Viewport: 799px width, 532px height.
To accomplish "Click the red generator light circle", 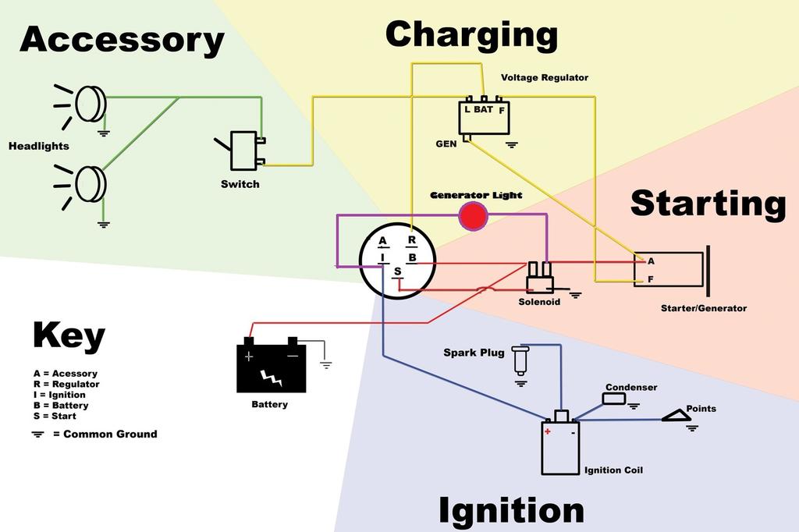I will [x=472, y=215].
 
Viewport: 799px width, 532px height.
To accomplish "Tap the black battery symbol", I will [x=271, y=367].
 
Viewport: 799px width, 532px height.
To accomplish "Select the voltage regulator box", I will [x=484, y=117].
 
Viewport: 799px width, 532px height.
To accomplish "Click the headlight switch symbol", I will [x=243, y=151].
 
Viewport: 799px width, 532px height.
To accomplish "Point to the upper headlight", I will [x=90, y=104].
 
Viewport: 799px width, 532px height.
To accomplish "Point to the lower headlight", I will [x=90, y=184].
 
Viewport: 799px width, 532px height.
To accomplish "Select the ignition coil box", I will [x=560, y=447].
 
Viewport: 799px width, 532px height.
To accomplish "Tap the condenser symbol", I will [x=614, y=399].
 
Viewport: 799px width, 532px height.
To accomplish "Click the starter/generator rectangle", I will [x=668, y=270].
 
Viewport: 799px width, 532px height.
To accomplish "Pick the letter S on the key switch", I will [x=397, y=271].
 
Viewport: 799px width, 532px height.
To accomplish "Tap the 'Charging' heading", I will [x=471, y=36].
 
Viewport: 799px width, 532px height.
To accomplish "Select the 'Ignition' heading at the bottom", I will [x=511, y=511].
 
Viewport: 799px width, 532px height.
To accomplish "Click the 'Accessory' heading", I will [x=122, y=39].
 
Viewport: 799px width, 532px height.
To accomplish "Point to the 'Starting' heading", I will [x=708, y=203].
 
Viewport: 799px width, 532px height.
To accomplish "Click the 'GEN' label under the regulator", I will [x=446, y=144].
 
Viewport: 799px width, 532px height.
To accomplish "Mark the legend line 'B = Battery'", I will [x=60, y=406].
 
